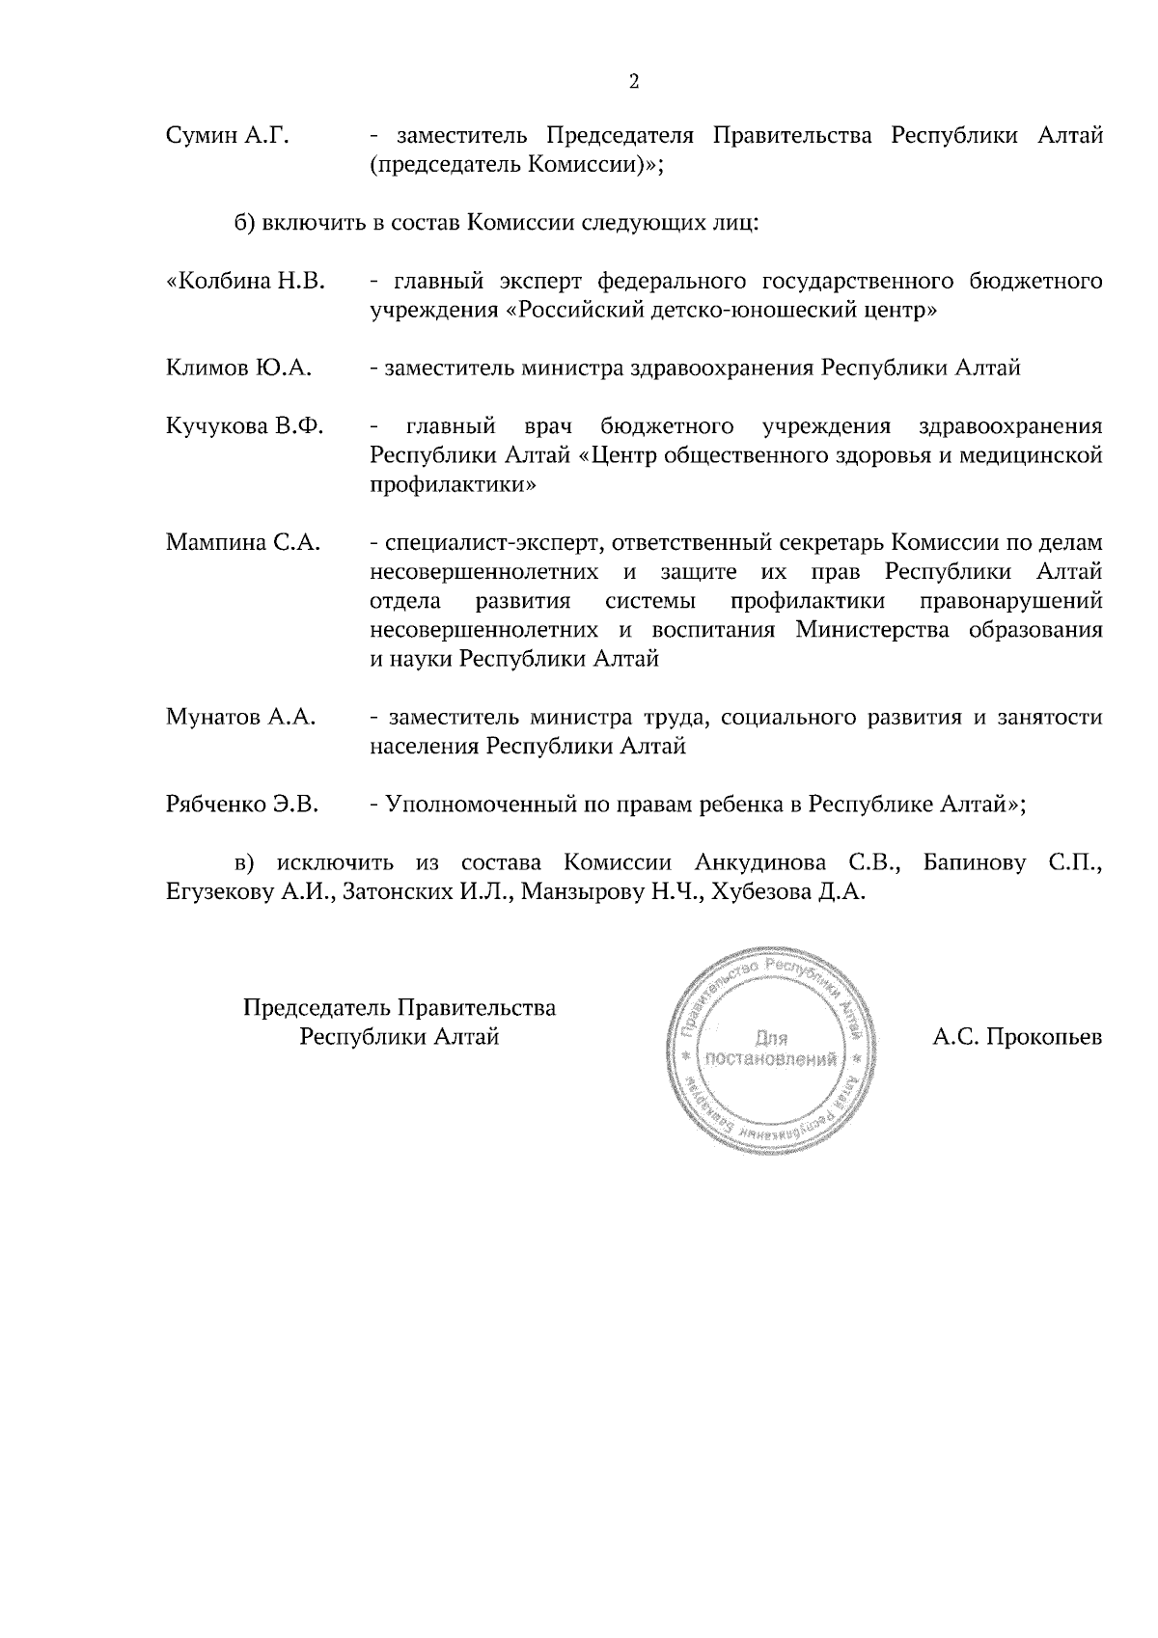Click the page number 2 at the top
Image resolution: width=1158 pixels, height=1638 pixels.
pos(634,81)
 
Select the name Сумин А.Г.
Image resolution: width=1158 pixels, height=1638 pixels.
pos(228,136)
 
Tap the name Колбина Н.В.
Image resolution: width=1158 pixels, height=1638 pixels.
pos(246,282)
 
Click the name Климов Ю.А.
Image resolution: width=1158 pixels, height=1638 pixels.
pos(239,368)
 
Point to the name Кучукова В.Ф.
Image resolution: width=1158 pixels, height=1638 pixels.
pos(245,426)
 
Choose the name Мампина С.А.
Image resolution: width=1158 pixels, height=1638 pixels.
pos(243,542)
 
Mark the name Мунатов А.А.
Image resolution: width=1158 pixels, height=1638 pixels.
pos(241,718)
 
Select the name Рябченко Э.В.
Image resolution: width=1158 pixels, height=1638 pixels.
pos(243,805)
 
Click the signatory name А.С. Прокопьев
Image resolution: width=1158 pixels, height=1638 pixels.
pos(1017,1038)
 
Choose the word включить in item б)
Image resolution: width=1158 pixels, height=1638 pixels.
pos(313,224)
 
